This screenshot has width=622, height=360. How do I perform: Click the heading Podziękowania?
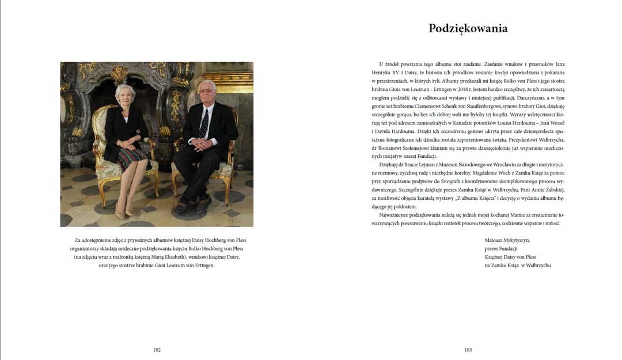(x=468, y=28)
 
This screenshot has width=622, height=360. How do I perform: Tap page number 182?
(x=157, y=350)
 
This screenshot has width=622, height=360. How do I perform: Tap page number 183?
(x=468, y=350)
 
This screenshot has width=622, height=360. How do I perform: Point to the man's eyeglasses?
(x=206, y=91)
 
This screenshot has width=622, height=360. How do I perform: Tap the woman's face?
(x=125, y=95)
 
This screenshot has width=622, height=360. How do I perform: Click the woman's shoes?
(x=124, y=211)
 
